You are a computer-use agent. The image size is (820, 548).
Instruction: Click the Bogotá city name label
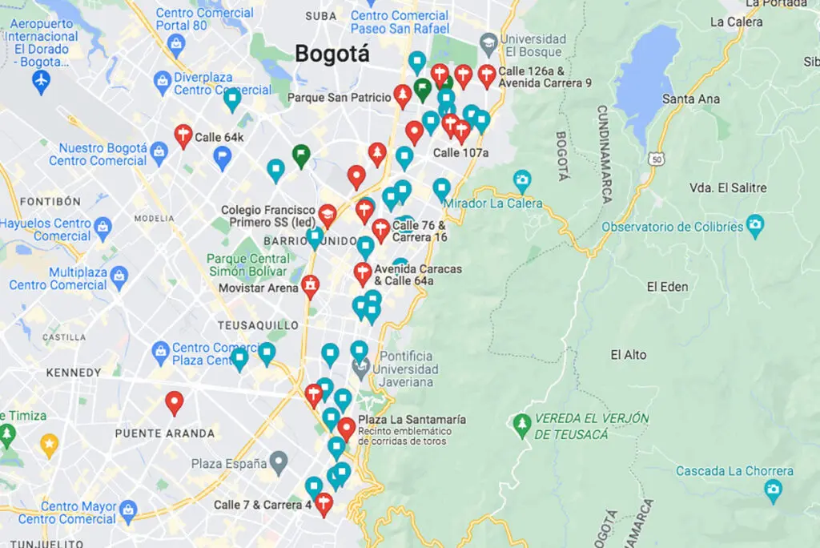click(x=332, y=54)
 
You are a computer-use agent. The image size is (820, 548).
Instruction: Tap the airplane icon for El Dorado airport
click(x=41, y=80)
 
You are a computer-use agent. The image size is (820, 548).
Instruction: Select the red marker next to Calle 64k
click(x=183, y=135)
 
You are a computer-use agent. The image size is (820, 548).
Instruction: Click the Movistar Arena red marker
click(x=310, y=285)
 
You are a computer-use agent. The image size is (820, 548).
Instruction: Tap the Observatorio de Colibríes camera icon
click(x=754, y=225)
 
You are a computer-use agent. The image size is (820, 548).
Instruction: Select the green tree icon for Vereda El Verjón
click(x=522, y=424)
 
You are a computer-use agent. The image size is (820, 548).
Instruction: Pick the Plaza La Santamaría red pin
click(x=346, y=427)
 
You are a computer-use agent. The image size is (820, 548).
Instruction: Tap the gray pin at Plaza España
click(x=278, y=461)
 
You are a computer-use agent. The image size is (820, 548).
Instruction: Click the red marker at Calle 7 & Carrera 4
click(x=324, y=503)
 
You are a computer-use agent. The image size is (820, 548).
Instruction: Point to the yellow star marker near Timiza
click(x=49, y=443)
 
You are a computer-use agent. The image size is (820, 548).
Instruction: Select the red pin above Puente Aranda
click(x=174, y=401)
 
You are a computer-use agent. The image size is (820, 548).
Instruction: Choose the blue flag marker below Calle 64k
click(x=223, y=158)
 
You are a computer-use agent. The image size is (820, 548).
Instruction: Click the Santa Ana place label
click(x=691, y=99)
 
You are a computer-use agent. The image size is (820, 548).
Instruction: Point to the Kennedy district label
click(x=74, y=373)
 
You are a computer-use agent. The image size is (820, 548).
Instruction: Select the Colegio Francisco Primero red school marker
click(x=327, y=214)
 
